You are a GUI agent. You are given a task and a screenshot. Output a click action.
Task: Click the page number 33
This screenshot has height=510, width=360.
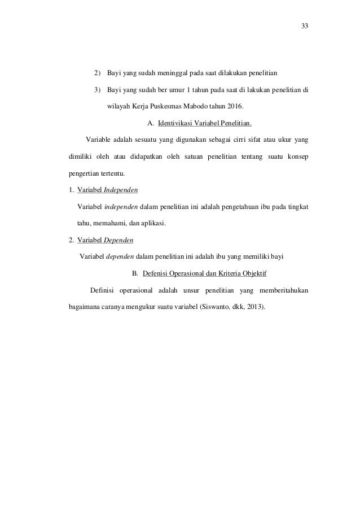(305, 27)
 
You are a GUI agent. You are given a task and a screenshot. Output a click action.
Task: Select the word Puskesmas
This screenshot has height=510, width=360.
(171, 106)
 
